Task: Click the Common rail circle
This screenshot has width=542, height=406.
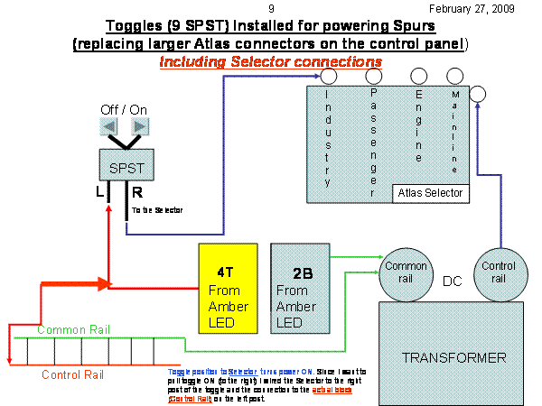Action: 406,272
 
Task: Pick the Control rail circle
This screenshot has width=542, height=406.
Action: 499,272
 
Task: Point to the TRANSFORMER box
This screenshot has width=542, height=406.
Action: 453,357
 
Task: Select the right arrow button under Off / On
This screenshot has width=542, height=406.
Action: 141,125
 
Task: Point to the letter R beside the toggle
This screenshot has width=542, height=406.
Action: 136,192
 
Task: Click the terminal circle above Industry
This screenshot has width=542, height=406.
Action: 317,78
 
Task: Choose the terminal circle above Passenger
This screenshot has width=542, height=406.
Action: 374,78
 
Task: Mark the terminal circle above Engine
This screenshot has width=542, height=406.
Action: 419,78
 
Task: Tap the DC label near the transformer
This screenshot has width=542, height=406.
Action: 453,281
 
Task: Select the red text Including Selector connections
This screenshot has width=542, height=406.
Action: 270,61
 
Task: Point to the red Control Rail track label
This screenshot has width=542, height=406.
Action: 71,374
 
